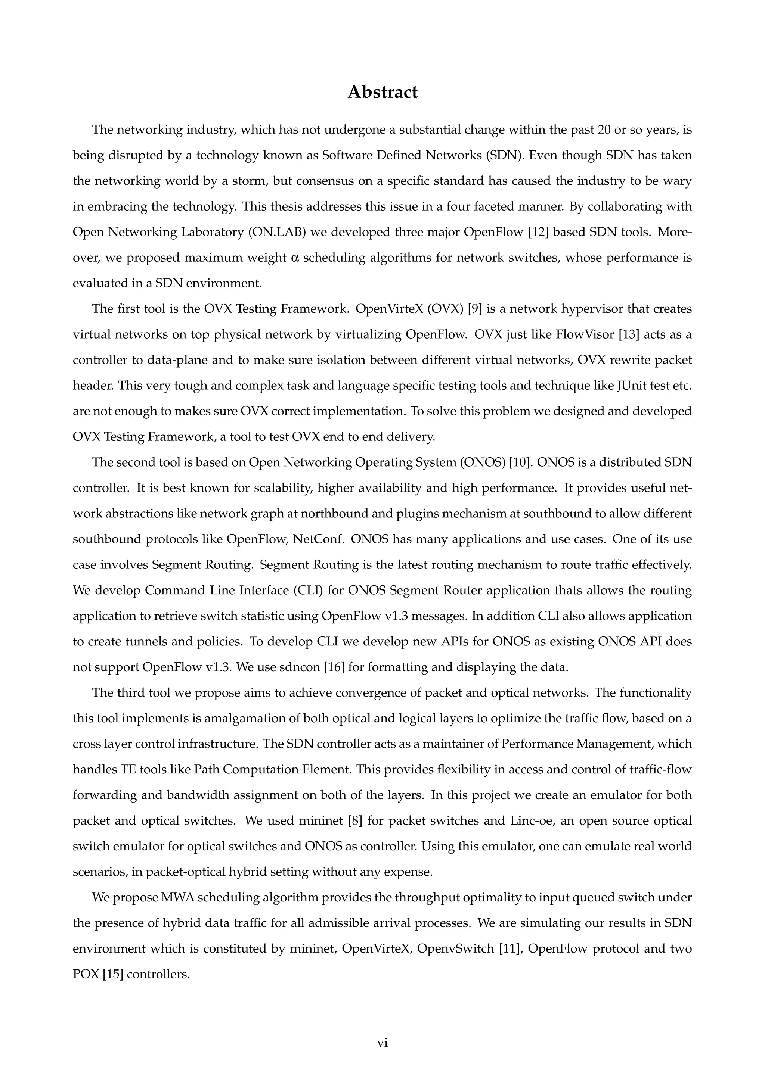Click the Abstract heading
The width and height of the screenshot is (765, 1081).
382,92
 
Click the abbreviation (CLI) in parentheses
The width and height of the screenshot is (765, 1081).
307,591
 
